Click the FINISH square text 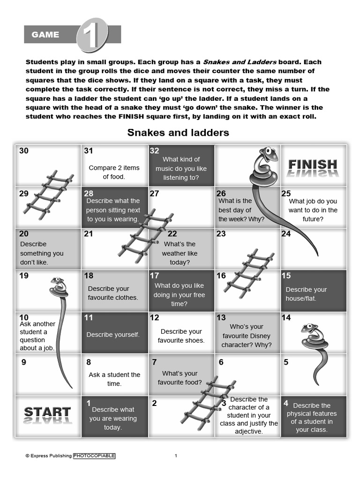[313, 165]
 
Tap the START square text [47, 412]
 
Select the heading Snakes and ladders [178, 133]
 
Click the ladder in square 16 [248, 271]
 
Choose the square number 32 [155, 150]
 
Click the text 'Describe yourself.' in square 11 [113, 335]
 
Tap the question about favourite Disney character [247, 336]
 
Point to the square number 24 [286, 233]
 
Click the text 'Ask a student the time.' [114, 379]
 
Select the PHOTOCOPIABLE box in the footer [94, 456]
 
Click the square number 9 [24, 362]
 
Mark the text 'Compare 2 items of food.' [114, 172]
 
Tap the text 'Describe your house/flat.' [306, 294]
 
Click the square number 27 [154, 193]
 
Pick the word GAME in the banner [45, 35]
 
